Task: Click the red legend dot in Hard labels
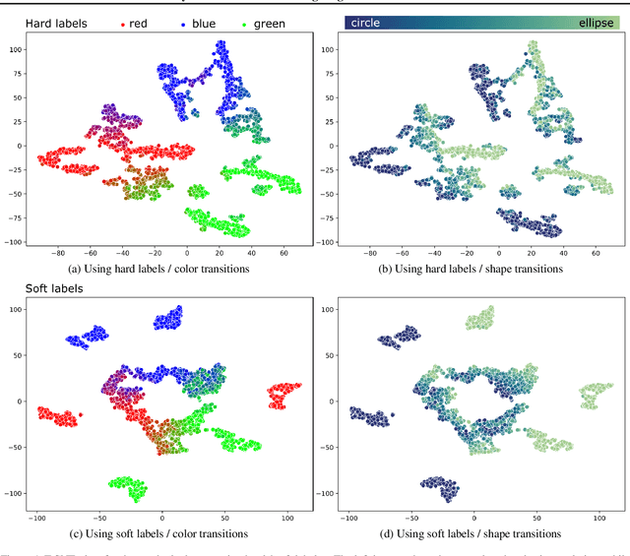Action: pos(122,22)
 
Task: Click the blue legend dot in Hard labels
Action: pos(186,22)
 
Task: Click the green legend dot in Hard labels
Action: pos(246,22)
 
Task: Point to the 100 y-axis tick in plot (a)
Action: pos(16,48)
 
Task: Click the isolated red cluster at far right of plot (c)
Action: pos(283,396)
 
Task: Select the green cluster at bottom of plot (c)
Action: pos(127,487)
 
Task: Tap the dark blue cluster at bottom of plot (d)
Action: pos(437,487)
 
